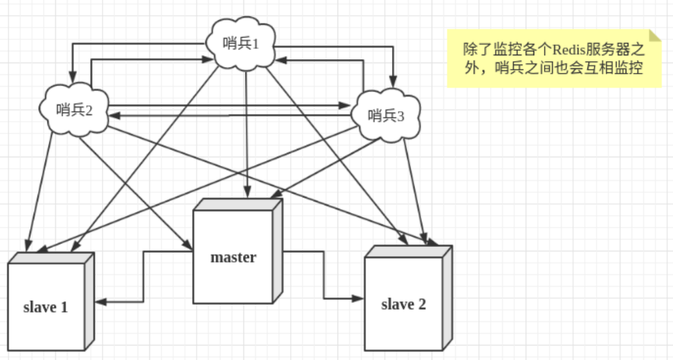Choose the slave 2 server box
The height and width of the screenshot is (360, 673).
(404, 303)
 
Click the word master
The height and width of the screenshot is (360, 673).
(233, 257)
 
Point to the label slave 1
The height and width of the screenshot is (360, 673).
(45, 307)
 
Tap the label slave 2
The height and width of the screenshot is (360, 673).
(403, 304)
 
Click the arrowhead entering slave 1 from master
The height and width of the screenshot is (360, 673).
(100, 302)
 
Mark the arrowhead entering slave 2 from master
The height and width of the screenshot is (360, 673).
(359, 298)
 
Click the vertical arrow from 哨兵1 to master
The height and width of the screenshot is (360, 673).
(247, 132)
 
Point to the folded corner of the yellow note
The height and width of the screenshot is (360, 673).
(655, 36)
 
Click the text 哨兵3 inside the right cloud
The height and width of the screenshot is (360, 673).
(386, 116)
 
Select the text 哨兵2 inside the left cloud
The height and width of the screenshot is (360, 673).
(74, 109)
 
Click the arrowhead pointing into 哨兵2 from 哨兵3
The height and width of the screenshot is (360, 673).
(112, 115)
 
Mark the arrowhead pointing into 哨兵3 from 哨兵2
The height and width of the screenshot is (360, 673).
(347, 105)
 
